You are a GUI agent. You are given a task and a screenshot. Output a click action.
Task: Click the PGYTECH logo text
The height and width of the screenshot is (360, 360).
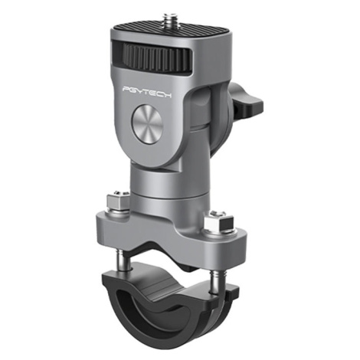[x=147, y=91]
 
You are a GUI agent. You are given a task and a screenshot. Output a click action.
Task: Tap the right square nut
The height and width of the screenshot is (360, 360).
[x=218, y=222]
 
